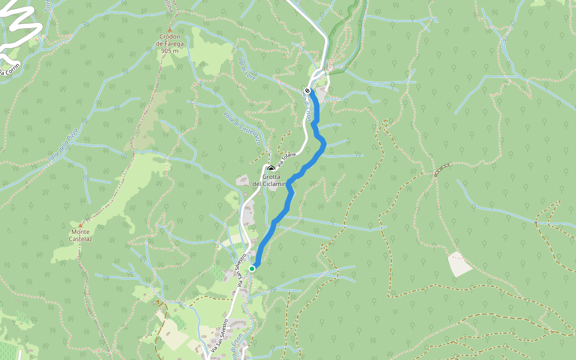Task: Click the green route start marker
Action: (252, 269)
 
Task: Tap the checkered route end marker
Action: (307, 91)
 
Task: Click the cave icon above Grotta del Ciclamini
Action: (271, 169)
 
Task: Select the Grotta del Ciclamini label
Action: (271, 180)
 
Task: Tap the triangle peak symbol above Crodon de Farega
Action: (170, 29)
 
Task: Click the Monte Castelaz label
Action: (81, 235)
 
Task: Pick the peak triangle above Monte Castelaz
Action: (80, 225)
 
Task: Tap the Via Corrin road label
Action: (10, 70)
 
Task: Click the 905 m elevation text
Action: (170, 52)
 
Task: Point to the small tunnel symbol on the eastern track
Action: (442, 170)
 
